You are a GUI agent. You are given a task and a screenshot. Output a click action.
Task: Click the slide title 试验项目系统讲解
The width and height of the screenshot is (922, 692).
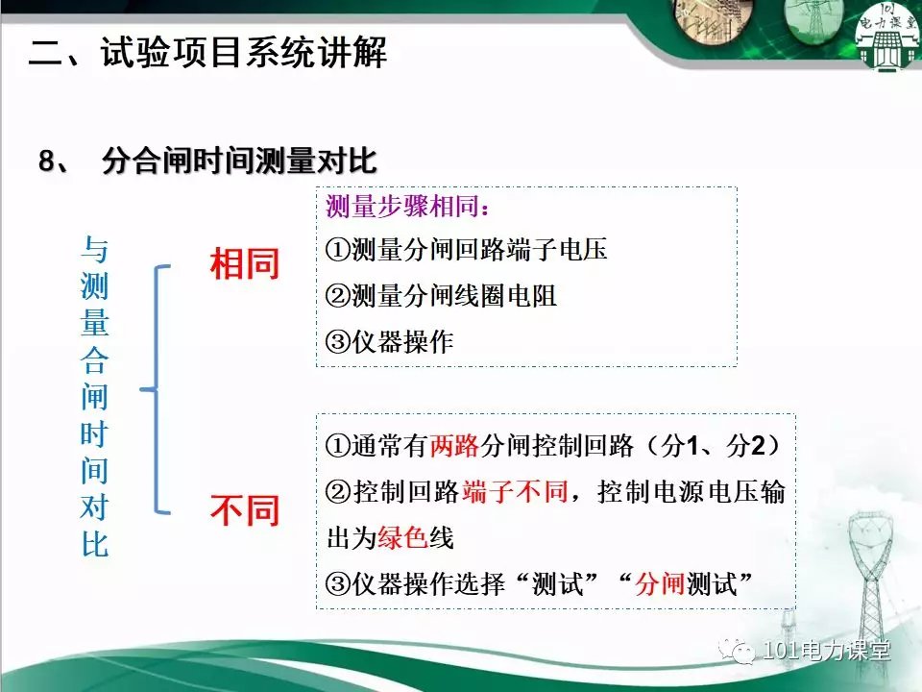tap(244, 53)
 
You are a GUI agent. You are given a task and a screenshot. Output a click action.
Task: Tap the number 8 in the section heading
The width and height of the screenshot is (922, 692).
tap(47, 161)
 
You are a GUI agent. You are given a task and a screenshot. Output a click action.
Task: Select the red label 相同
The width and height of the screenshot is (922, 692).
tap(245, 263)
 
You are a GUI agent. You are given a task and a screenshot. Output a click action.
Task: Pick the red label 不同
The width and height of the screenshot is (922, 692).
tap(245, 510)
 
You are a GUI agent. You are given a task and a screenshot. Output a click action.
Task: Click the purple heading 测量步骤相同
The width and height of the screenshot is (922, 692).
tap(402, 207)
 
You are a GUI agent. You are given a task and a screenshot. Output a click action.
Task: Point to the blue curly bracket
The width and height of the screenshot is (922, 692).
tap(156, 389)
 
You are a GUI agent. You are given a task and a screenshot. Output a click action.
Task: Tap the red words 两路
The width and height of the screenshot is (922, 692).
tap(454, 445)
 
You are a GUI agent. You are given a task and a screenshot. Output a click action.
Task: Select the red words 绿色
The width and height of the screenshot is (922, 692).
tap(402, 537)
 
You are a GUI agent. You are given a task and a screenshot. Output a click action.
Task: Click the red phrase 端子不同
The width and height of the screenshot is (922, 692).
tap(515, 491)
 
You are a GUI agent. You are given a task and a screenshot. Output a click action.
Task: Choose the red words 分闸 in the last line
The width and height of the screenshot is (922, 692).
tap(660, 583)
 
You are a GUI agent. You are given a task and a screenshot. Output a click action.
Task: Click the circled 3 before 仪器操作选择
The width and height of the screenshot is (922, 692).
tap(338, 583)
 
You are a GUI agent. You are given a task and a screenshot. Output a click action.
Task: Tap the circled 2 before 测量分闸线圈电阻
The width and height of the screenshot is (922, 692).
tap(338, 295)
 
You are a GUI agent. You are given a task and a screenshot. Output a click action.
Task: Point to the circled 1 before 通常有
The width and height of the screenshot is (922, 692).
tap(338, 445)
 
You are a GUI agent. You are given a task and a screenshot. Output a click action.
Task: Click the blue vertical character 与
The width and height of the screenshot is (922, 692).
tap(95, 250)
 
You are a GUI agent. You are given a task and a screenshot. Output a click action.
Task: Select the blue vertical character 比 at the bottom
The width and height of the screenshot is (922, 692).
tap(95, 543)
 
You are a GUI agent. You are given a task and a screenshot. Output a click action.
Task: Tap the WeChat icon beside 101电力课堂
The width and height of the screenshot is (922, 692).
tap(737, 651)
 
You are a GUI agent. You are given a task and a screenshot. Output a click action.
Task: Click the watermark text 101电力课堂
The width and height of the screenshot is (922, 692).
tap(826, 651)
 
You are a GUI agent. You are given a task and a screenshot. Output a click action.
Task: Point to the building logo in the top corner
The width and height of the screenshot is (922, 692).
tap(887, 37)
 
